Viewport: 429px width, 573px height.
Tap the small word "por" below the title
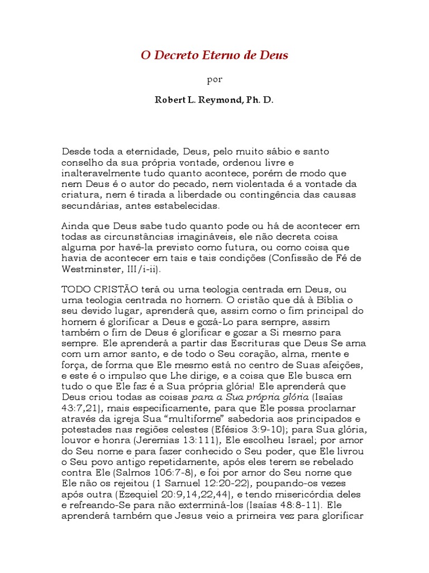point(214,79)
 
